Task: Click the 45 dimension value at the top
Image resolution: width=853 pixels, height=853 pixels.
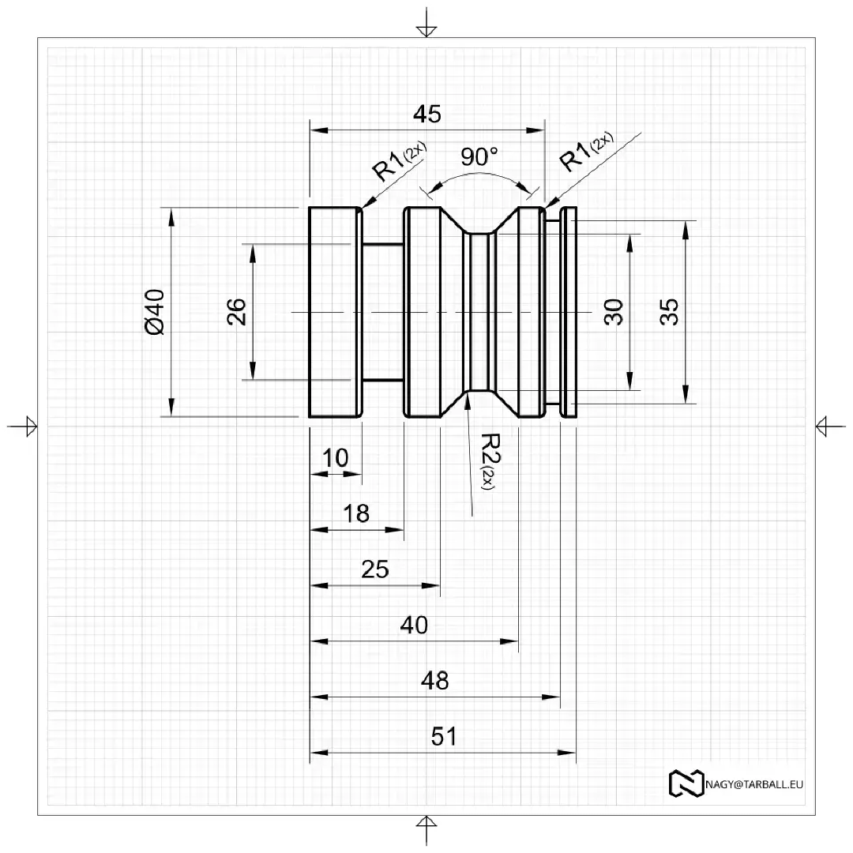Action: click(427, 115)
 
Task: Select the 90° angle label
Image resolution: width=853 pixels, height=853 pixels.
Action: click(479, 157)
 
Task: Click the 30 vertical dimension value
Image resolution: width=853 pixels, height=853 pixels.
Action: click(614, 311)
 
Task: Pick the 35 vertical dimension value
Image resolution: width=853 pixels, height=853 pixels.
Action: click(670, 311)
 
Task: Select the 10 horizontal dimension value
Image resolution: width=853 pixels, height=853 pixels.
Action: click(336, 458)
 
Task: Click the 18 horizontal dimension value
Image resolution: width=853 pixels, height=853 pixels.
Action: click(357, 514)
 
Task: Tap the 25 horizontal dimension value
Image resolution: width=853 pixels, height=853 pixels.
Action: click(375, 569)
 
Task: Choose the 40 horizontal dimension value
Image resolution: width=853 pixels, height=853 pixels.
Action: click(414, 626)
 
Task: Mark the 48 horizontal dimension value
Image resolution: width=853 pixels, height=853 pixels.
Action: click(435, 681)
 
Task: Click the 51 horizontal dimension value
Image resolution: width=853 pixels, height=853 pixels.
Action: click(444, 737)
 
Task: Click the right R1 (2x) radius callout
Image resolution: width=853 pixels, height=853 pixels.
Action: click(585, 153)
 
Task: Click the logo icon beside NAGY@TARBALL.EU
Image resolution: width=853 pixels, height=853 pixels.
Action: click(686, 783)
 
